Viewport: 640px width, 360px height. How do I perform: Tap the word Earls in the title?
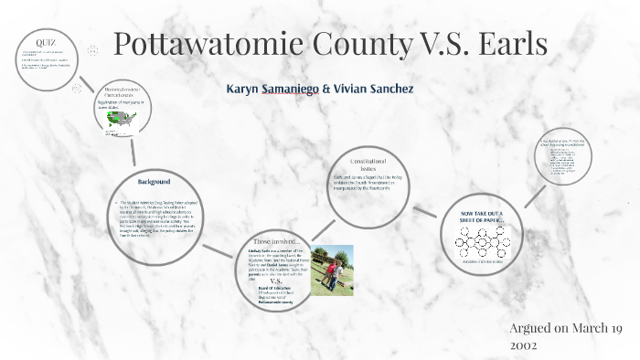click(x=506, y=44)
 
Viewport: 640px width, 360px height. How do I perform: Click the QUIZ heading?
click(x=45, y=43)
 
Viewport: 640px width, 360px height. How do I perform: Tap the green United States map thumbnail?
click(x=120, y=118)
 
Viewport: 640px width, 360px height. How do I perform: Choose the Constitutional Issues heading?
click(x=367, y=164)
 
